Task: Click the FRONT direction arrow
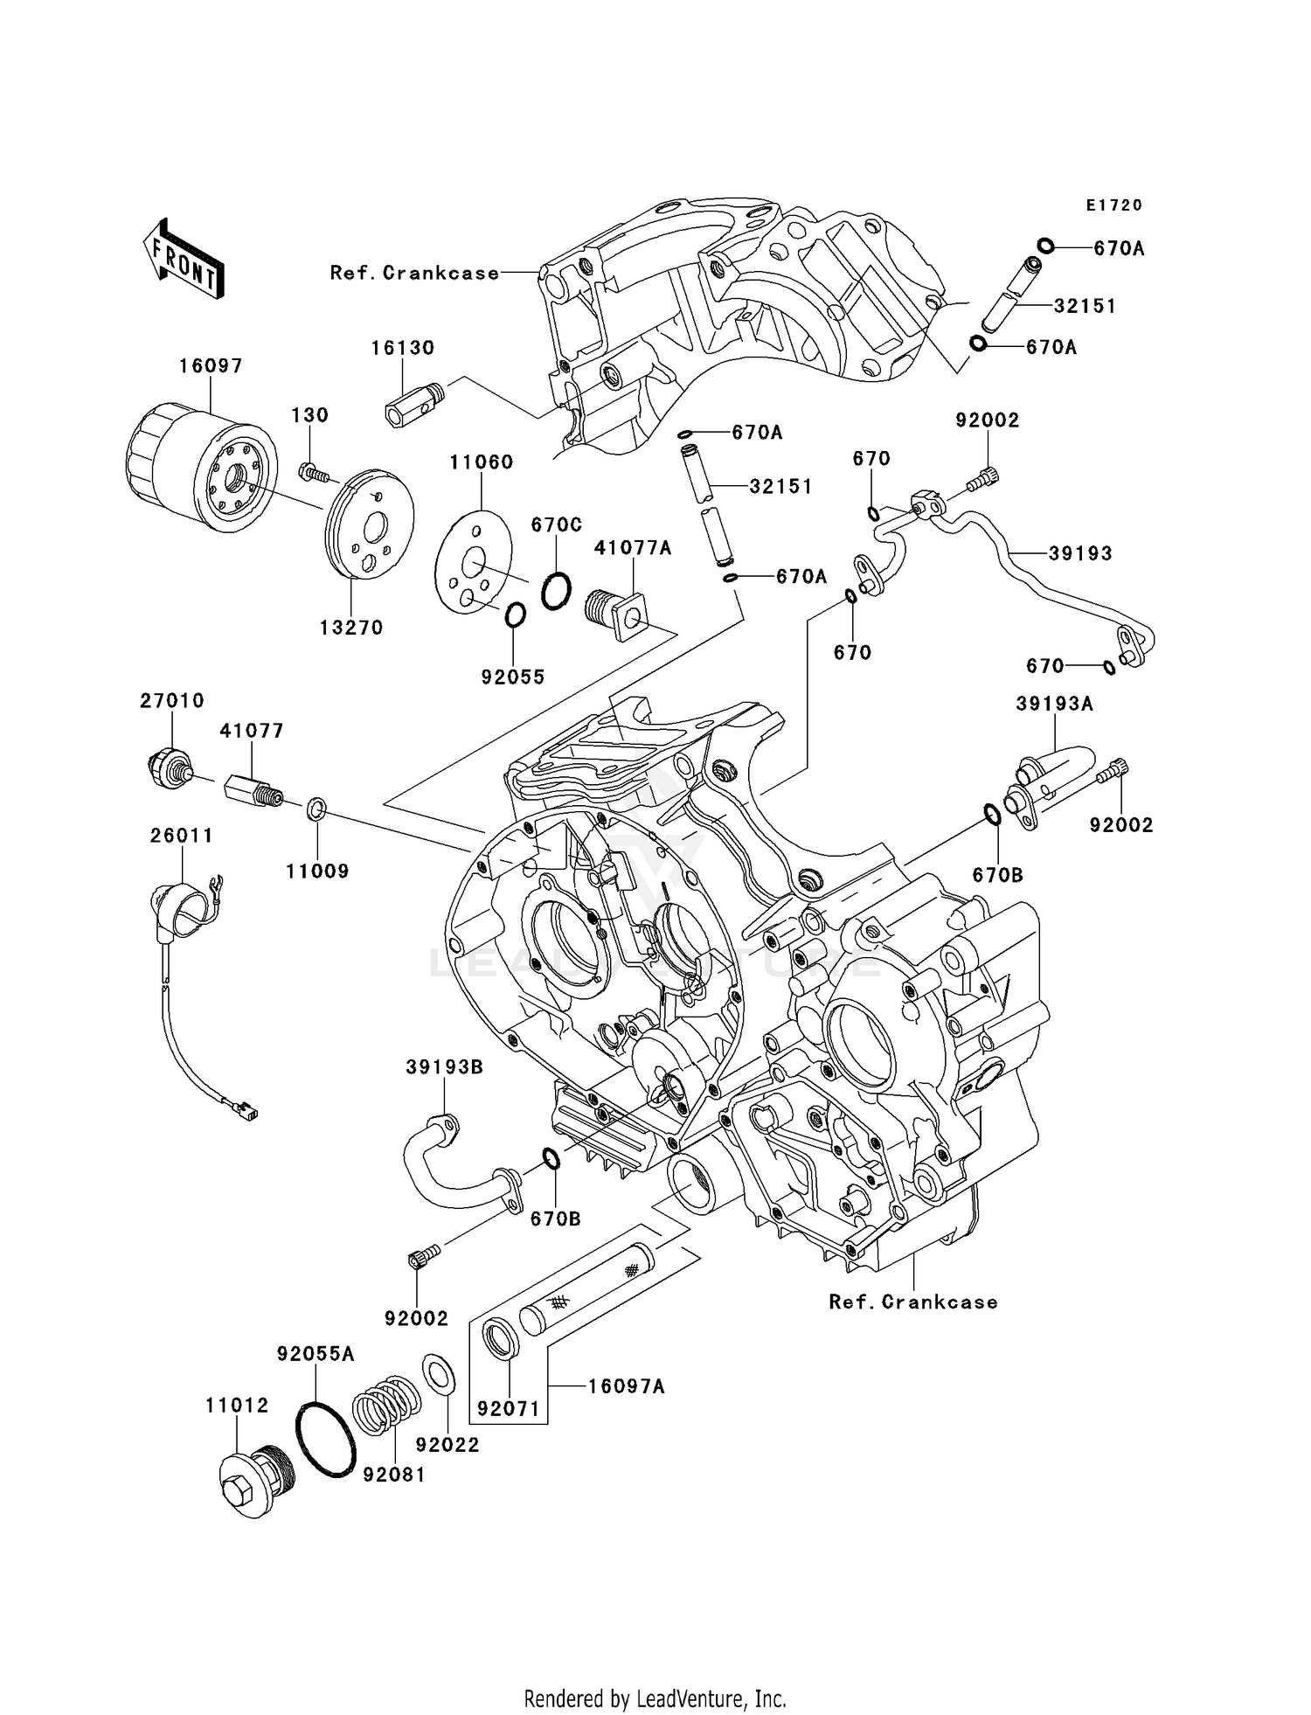point(184,260)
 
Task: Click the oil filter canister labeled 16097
point(200,468)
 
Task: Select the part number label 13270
point(351,627)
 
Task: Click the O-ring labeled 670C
point(557,591)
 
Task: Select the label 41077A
point(633,548)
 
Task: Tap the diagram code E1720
point(1114,205)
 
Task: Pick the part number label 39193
point(1081,553)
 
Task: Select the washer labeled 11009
point(316,809)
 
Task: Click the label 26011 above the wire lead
point(182,836)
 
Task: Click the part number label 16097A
point(627,1386)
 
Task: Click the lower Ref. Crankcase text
point(913,1302)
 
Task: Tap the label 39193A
point(1054,704)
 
